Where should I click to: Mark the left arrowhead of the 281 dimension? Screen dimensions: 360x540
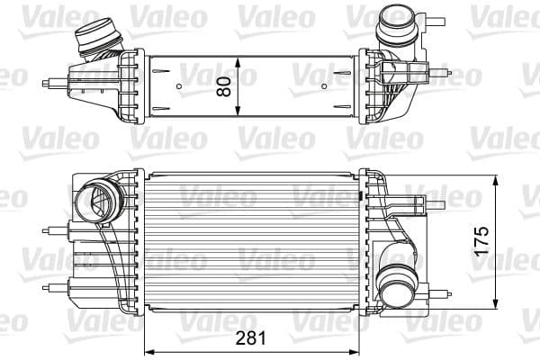click(x=149, y=350)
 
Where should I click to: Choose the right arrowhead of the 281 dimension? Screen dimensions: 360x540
click(x=359, y=350)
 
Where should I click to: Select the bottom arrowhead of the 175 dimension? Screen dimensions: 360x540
click(x=498, y=306)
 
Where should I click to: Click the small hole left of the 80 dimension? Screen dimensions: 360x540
click(x=180, y=87)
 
